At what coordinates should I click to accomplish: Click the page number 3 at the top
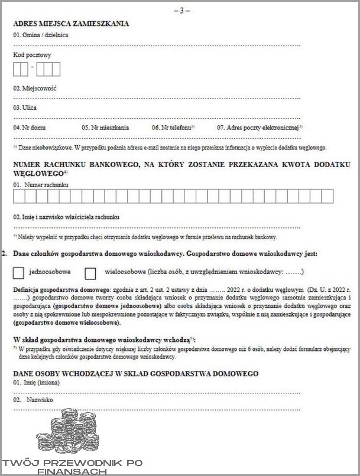[179, 11]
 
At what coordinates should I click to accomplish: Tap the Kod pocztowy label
[32, 55]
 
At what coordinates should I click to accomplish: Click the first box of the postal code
[17, 70]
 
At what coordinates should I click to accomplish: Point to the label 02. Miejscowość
[35, 87]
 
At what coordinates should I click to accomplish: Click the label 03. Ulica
[25, 107]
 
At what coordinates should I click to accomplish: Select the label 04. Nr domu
[29, 127]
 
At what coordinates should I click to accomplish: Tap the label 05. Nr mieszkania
[106, 127]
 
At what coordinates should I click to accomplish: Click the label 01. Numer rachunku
[41, 185]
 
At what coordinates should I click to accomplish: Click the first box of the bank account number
[17, 196]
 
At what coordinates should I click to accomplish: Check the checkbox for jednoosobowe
[18, 273]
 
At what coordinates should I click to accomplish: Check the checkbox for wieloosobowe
[90, 273]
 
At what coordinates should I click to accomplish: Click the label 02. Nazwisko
[33, 400]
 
